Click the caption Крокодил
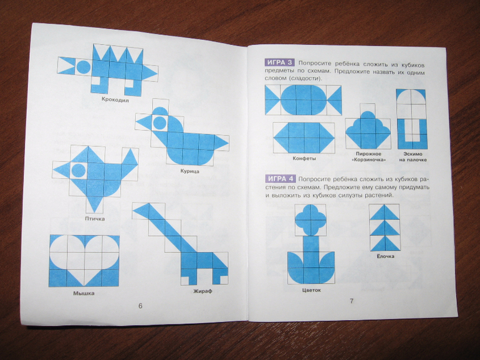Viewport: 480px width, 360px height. [x=115, y=100]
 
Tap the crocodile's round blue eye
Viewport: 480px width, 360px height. [x=83, y=67]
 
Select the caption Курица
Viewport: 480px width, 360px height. [x=190, y=171]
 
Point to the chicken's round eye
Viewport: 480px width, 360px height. [x=160, y=123]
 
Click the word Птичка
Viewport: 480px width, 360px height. [x=95, y=219]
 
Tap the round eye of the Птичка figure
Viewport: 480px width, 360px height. [x=78, y=171]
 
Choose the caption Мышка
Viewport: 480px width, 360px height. [x=84, y=293]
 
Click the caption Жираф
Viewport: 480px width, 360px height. [x=203, y=291]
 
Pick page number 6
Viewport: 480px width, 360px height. [x=140, y=306]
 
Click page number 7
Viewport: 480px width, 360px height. [x=352, y=301]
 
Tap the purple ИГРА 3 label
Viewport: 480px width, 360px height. [x=280, y=63]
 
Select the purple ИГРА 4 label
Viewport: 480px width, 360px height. [x=280, y=179]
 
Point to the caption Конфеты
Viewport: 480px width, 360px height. [x=304, y=158]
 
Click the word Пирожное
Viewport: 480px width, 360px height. [x=368, y=154]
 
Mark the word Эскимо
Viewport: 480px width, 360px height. [x=413, y=154]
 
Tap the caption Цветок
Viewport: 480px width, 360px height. [x=311, y=290]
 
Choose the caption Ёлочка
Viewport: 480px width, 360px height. [x=385, y=257]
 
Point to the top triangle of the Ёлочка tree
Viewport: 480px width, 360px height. [x=385, y=212]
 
